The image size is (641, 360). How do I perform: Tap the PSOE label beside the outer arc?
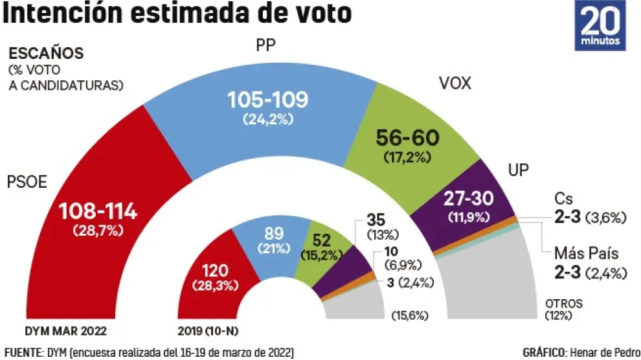[x=28, y=182]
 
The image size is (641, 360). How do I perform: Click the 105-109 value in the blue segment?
[x=267, y=100]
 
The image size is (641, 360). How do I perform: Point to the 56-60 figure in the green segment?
[x=408, y=137]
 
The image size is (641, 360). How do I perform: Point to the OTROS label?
[x=563, y=303]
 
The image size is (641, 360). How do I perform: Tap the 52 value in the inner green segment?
[x=321, y=241]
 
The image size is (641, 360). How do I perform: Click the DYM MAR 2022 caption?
[x=65, y=332]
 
